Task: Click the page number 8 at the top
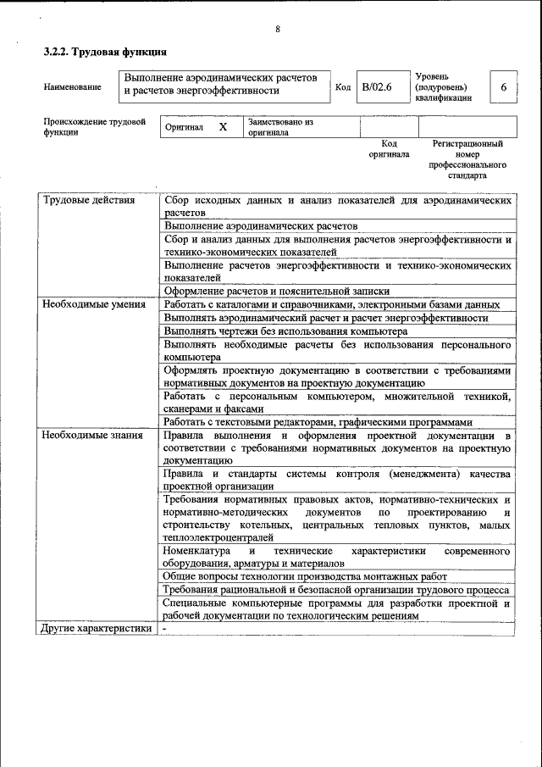278,30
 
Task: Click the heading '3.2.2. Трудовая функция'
105,53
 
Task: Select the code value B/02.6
377,87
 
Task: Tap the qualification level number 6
504,87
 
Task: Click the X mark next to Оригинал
223,127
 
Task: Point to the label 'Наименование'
72,87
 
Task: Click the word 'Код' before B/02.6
343,87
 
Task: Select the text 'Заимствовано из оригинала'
280,127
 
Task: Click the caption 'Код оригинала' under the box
389,149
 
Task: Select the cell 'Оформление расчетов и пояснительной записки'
277,290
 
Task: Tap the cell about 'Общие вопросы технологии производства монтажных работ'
305,576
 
